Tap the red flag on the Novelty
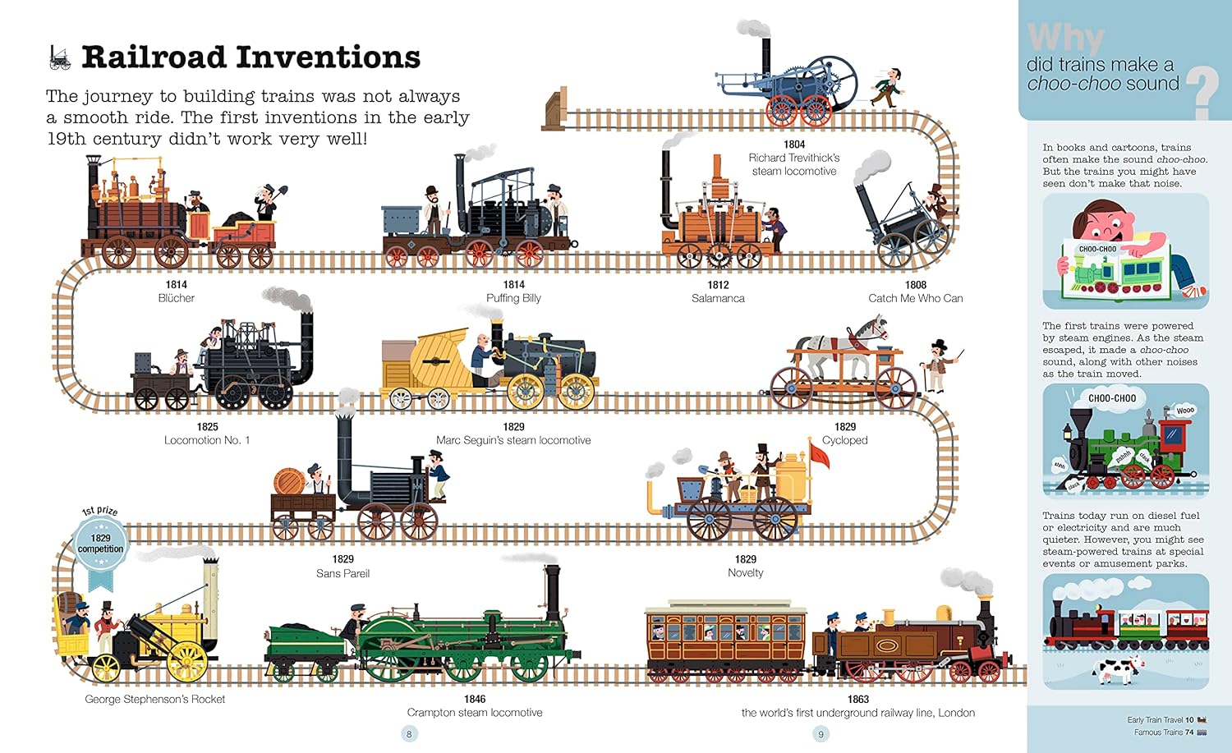[819, 456]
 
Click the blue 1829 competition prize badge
[100, 544]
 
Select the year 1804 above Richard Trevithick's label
[794, 144]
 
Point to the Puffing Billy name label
[513, 298]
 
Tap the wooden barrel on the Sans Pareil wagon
[289, 482]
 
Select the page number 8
[409, 734]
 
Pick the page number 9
[821, 734]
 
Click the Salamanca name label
[718, 298]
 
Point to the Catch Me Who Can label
[916, 298]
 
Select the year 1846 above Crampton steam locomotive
[475, 699]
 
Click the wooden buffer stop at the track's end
[554, 110]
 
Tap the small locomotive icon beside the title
[59, 57]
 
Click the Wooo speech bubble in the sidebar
[1185, 411]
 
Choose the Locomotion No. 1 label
[207, 440]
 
